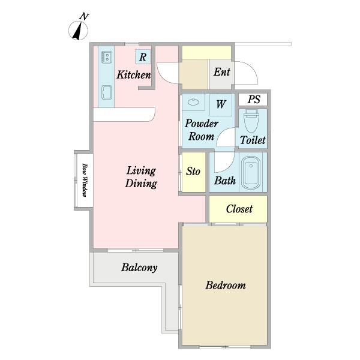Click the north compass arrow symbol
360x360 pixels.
(x=78, y=31)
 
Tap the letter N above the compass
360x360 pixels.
(x=84, y=17)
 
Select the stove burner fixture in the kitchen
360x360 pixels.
(x=107, y=57)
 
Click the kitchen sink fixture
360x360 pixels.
(x=107, y=92)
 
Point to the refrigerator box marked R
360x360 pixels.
(x=143, y=57)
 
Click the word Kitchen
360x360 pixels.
(x=134, y=74)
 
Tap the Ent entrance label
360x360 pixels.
(x=222, y=72)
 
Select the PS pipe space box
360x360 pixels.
(x=253, y=100)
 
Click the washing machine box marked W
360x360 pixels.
(x=221, y=104)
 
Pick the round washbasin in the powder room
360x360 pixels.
(x=193, y=101)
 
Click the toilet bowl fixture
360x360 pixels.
(x=251, y=121)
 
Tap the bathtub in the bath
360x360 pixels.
(x=251, y=173)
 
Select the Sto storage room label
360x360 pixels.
(x=193, y=172)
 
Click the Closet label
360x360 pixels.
(x=239, y=209)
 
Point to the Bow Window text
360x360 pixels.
(x=85, y=180)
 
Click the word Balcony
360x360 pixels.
(x=139, y=268)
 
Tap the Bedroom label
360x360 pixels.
(x=226, y=286)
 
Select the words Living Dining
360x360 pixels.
(x=141, y=177)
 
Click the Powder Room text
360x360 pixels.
(x=202, y=130)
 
